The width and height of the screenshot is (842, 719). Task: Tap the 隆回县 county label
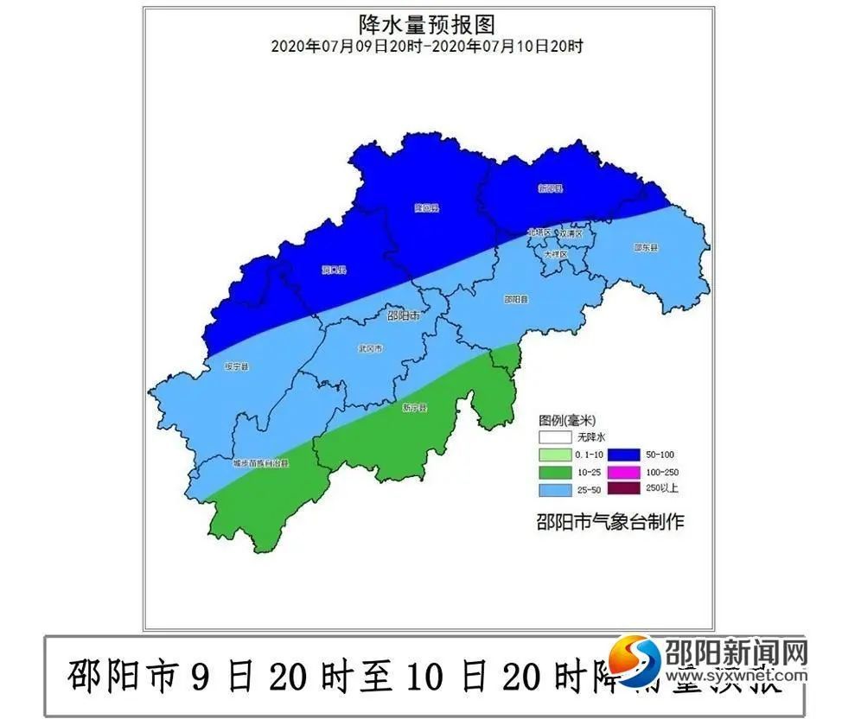point(426,207)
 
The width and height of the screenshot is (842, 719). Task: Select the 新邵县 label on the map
point(551,188)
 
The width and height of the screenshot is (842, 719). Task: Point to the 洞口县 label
point(334,270)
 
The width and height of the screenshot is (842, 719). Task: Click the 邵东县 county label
point(646,247)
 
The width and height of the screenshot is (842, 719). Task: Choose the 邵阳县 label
point(516,299)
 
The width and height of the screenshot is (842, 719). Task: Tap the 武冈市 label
point(370,348)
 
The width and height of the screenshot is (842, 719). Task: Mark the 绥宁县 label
point(235,366)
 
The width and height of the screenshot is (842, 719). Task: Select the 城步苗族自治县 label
point(260,463)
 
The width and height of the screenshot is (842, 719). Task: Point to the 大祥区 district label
point(555,255)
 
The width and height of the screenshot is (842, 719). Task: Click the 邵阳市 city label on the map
point(403,316)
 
